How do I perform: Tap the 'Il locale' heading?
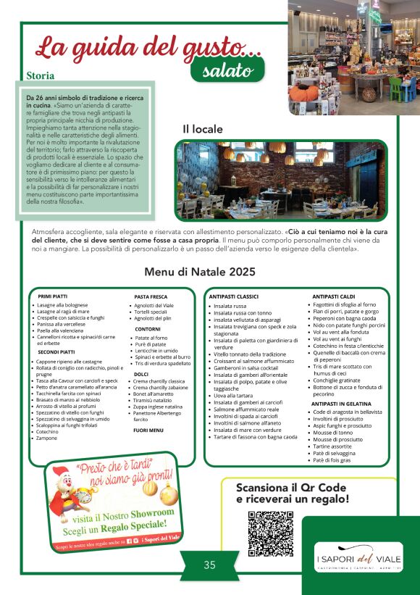(203, 128)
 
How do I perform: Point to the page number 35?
(209, 565)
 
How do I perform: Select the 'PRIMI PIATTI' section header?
(56, 296)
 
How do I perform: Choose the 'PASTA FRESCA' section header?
(151, 296)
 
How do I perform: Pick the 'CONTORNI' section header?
(148, 329)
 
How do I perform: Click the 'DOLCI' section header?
(141, 374)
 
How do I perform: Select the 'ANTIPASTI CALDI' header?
(333, 296)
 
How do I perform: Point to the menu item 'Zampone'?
(48, 438)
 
